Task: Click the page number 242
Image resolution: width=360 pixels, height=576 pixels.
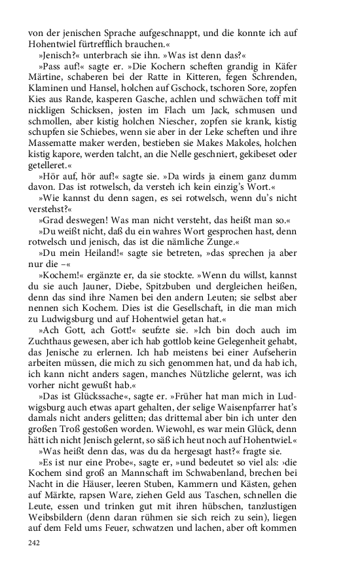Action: click(34, 543)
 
